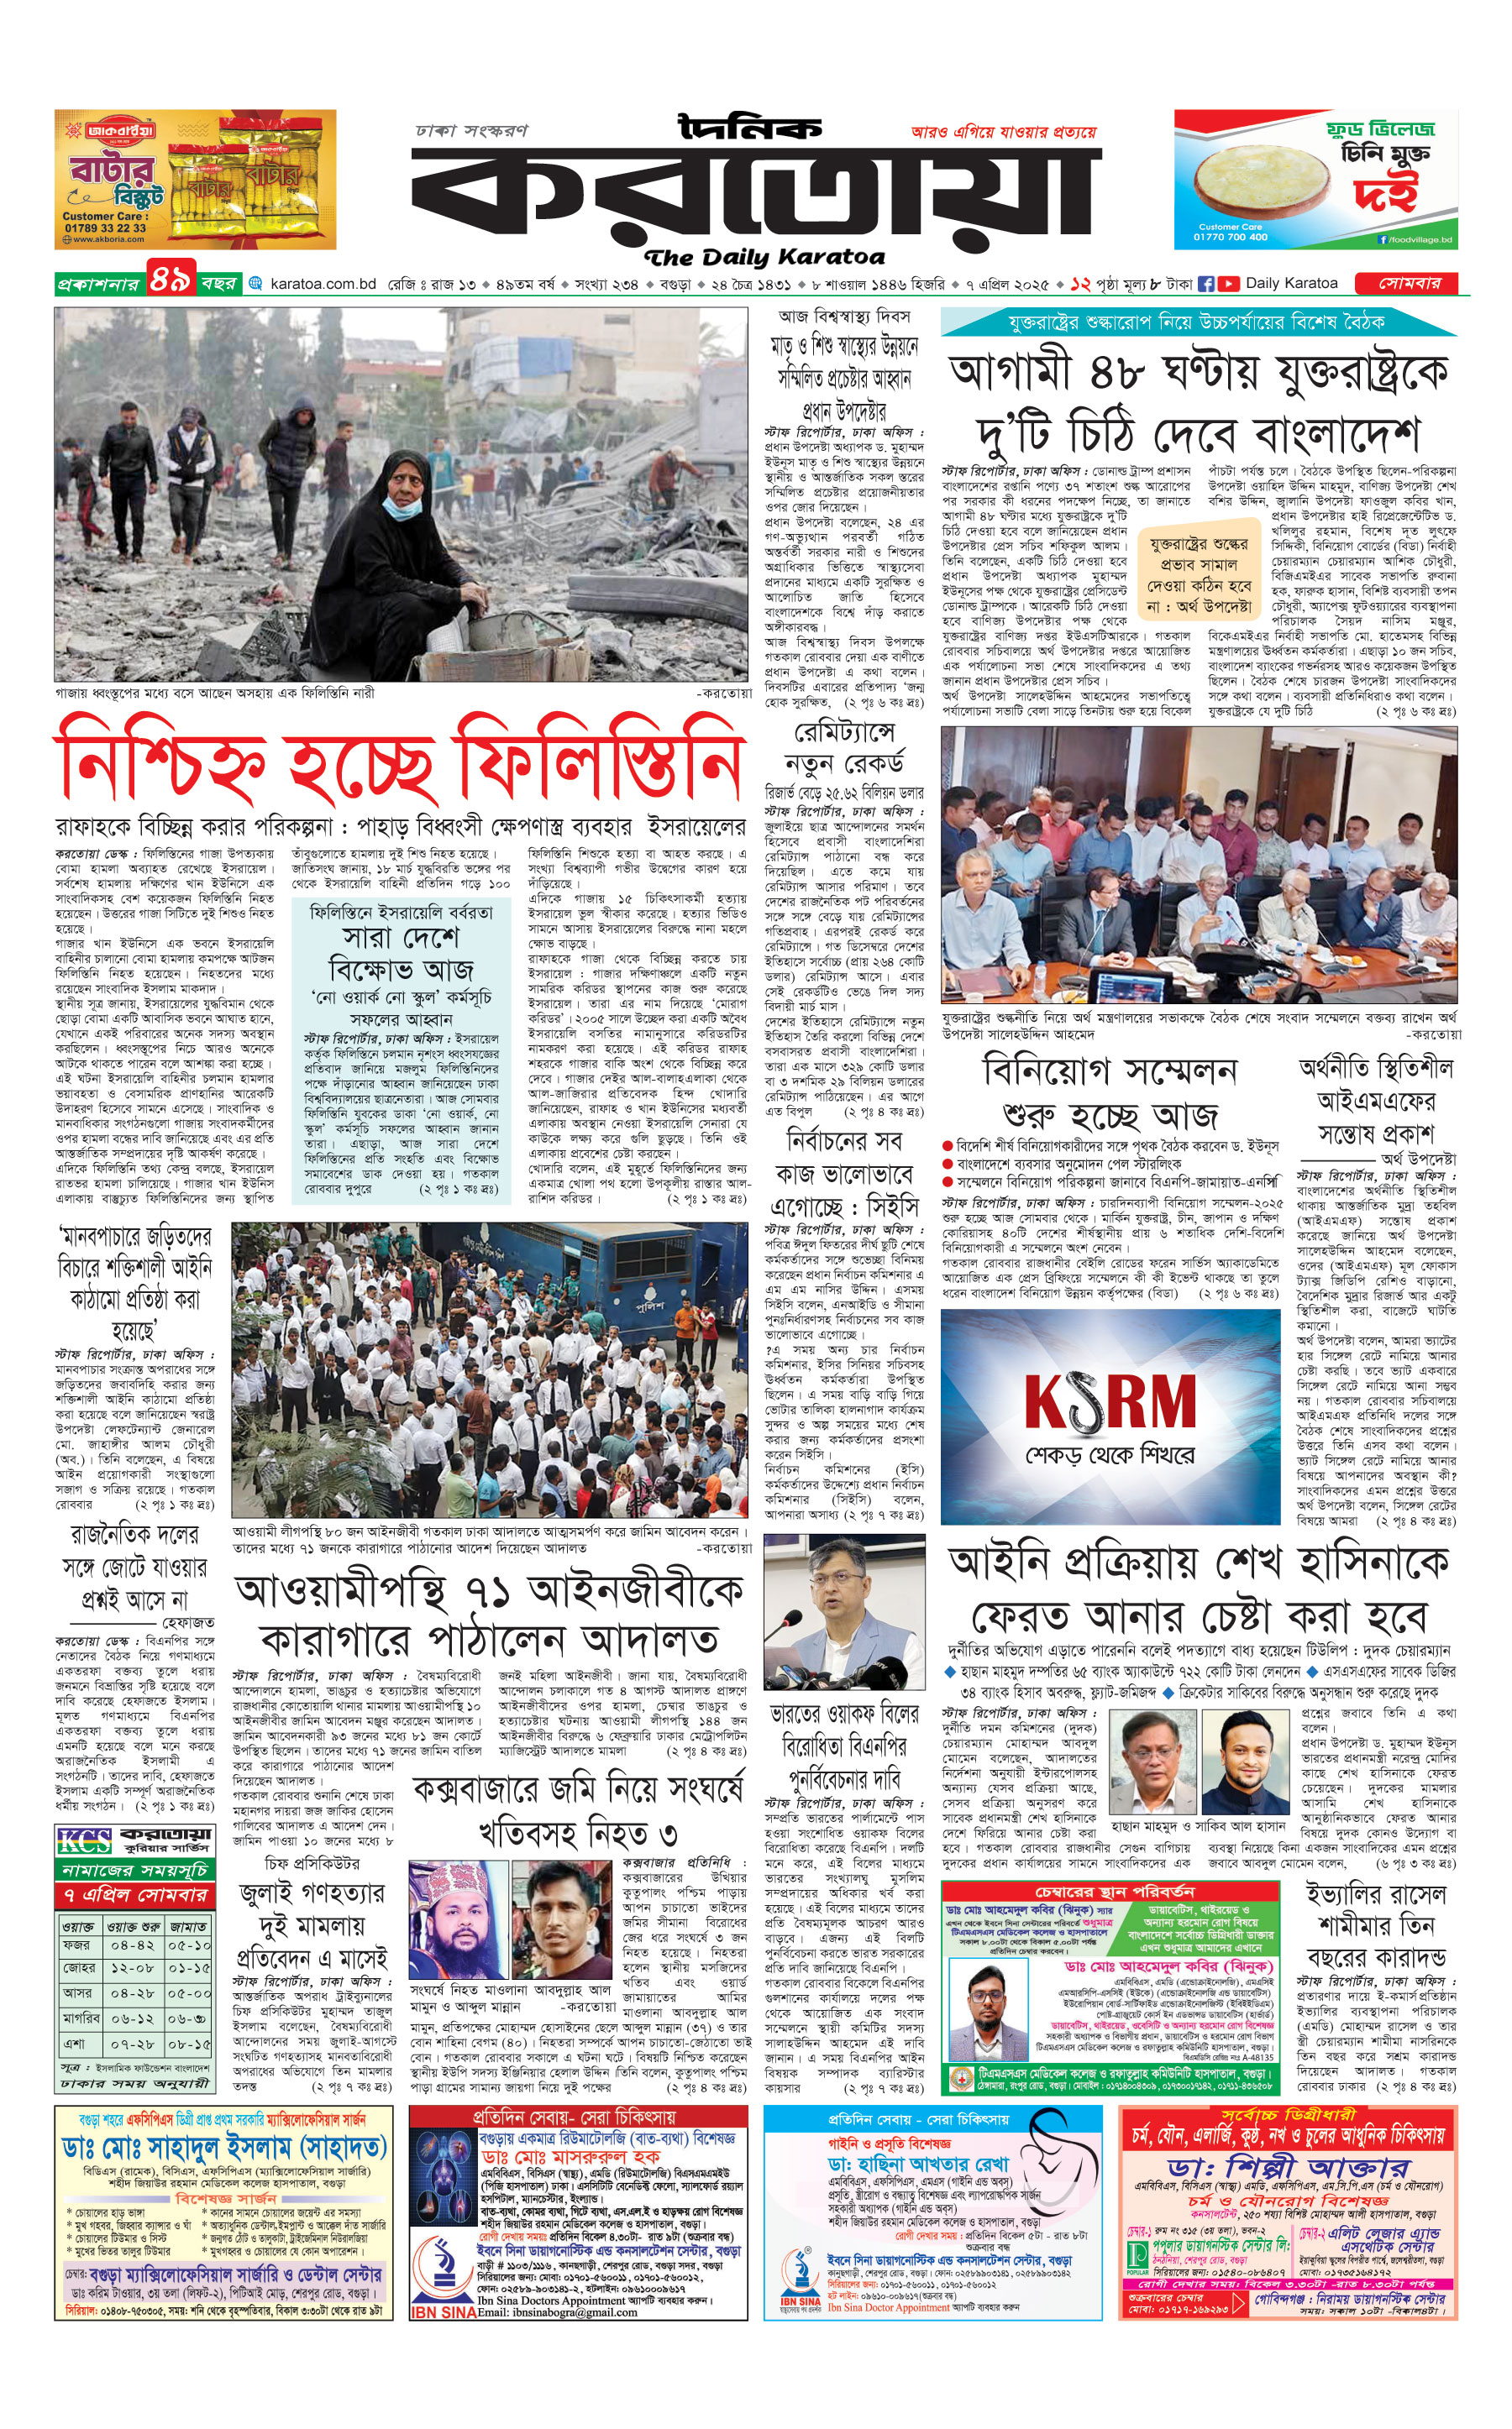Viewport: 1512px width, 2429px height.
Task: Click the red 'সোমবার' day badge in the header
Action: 1410,284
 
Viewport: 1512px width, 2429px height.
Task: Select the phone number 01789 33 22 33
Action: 104,228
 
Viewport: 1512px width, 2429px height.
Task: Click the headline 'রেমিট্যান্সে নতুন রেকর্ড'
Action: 844,749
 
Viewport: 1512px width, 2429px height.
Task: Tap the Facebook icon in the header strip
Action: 1206,284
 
